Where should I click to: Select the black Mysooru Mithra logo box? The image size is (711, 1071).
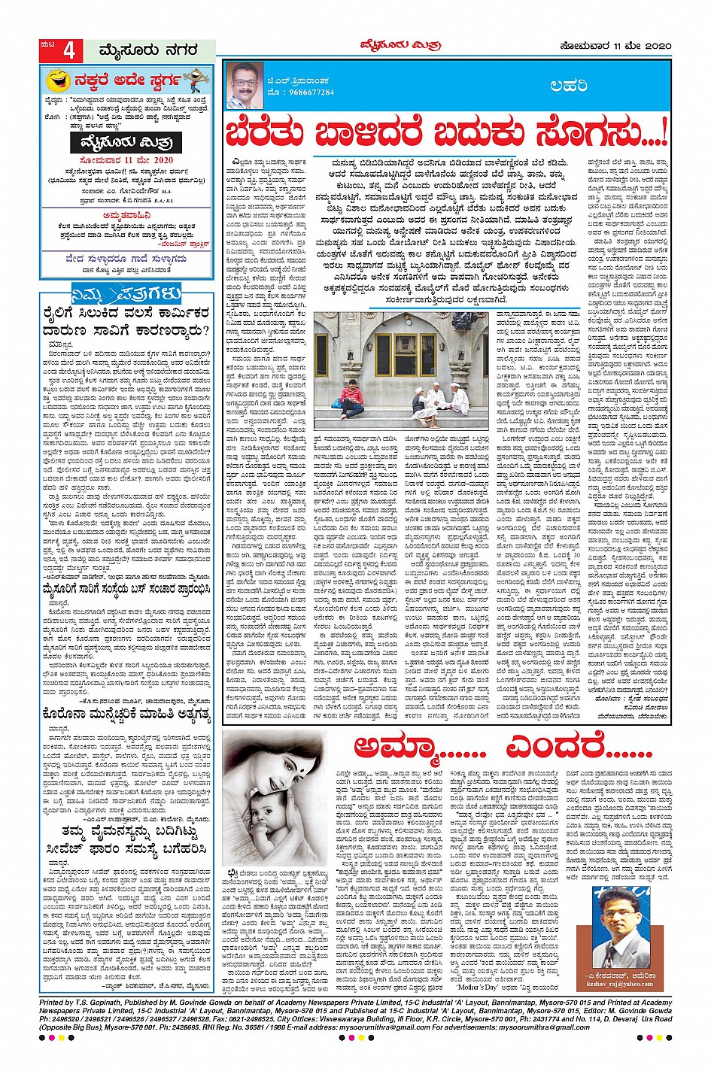point(127,141)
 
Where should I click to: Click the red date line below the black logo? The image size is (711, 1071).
point(127,160)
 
